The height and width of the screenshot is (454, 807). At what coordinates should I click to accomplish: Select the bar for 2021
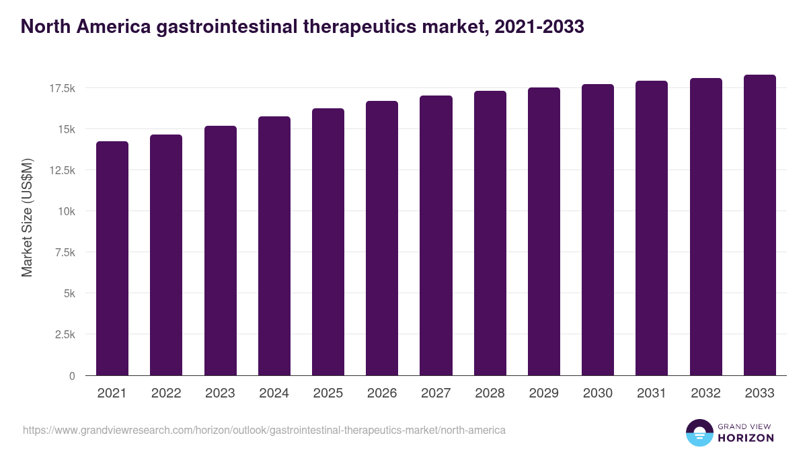tap(112, 258)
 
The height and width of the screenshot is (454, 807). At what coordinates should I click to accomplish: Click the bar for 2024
tap(274, 246)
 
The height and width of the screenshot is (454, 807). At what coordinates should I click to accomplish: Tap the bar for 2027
tap(436, 235)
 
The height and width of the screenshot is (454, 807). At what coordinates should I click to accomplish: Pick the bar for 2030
tap(598, 230)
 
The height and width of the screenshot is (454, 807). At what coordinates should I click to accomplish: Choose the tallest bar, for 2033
tap(759, 225)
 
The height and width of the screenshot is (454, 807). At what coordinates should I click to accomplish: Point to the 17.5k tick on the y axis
tap(61, 88)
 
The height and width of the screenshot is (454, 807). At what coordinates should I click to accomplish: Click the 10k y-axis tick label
tap(65, 211)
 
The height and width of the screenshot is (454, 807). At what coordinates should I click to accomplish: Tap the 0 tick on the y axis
tap(71, 376)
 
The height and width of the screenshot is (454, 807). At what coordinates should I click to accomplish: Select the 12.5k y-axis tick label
tap(61, 170)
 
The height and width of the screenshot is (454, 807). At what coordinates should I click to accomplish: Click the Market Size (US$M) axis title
tap(27, 217)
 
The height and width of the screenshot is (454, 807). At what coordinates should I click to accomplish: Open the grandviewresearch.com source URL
tap(264, 430)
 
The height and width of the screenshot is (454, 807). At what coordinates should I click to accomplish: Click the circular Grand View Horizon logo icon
tap(699, 432)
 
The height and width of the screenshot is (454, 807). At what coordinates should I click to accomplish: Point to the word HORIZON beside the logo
tap(745, 438)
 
